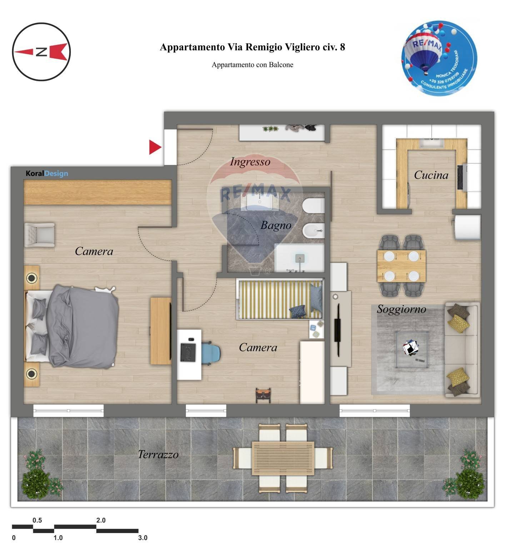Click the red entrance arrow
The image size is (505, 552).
[x=155, y=147]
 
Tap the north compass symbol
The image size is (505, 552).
[x=41, y=52]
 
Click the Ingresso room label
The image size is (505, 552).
[x=250, y=162]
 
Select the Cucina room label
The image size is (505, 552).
[x=431, y=175]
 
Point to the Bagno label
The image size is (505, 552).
[x=276, y=225]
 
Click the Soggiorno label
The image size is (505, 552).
[x=401, y=309]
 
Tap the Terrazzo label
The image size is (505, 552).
[x=158, y=455]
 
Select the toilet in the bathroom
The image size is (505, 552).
[x=313, y=206]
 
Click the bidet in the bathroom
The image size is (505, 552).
[x=313, y=231]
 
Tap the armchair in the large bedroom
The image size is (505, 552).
[x=39, y=235]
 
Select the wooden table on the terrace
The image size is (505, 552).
[x=282, y=458]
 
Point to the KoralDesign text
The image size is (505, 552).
[x=47, y=174]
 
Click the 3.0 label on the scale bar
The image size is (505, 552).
[x=142, y=538]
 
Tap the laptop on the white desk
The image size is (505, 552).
[x=188, y=352]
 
